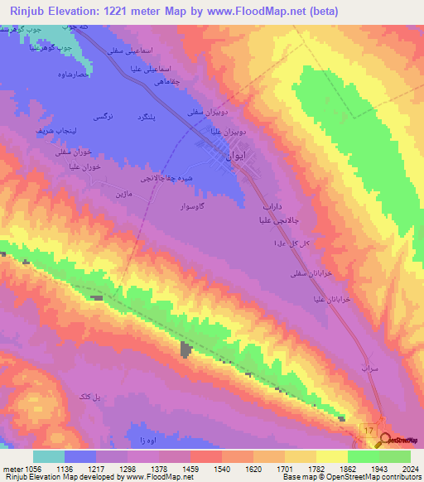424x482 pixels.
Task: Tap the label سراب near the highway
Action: pyautogui.click(x=369, y=365)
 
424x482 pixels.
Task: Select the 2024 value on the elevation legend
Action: pyautogui.click(x=409, y=469)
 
